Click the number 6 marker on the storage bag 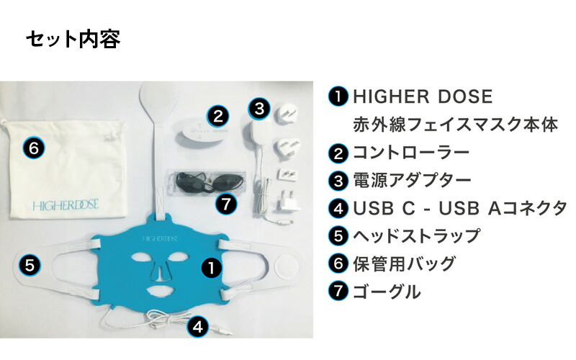point(34,149)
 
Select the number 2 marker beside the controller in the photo point(219,115)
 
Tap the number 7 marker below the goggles point(226,204)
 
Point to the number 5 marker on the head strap point(29,264)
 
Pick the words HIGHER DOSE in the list point(422,96)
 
